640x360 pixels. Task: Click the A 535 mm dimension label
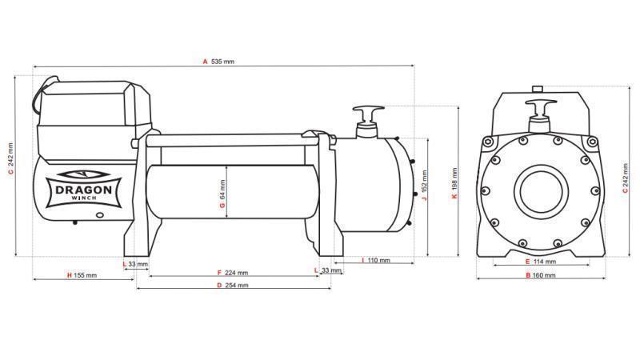218,61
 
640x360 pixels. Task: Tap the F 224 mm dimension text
232,273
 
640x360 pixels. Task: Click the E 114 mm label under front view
538,262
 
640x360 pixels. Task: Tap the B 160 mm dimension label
538,276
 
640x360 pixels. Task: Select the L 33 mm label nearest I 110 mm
325,271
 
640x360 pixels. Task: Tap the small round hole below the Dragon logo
101,214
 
